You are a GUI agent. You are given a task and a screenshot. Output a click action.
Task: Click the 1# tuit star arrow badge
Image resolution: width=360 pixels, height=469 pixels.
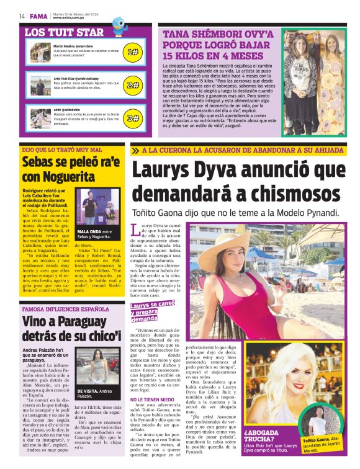132,53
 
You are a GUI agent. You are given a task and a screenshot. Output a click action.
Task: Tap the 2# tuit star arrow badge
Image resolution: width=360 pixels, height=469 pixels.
132,84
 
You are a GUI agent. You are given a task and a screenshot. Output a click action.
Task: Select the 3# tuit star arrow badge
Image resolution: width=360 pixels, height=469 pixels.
132,117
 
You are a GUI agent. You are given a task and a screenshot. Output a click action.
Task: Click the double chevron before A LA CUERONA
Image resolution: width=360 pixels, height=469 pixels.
135,151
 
